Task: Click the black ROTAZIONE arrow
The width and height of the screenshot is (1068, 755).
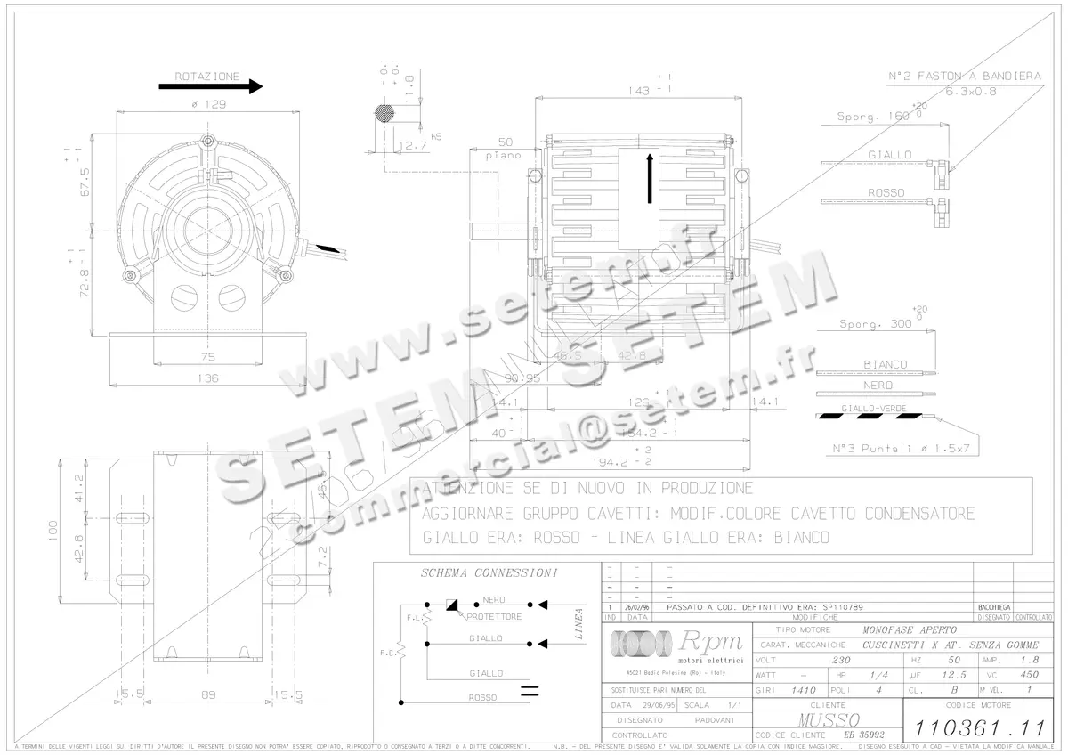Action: pos(210,86)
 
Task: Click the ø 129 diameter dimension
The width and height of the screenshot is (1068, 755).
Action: pos(207,104)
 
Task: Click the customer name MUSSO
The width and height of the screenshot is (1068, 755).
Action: pos(828,718)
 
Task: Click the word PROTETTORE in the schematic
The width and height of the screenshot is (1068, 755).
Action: pos(494,616)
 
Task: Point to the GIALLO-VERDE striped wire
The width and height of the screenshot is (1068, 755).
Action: pos(878,416)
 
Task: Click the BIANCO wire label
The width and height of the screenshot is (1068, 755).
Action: pos(885,364)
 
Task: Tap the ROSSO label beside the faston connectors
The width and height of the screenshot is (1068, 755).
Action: pos(886,193)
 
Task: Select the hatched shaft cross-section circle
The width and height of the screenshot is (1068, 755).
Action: pos(384,114)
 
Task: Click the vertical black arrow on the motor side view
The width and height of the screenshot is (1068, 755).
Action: pos(651,179)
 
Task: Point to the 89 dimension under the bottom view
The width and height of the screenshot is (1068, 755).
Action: pos(210,694)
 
